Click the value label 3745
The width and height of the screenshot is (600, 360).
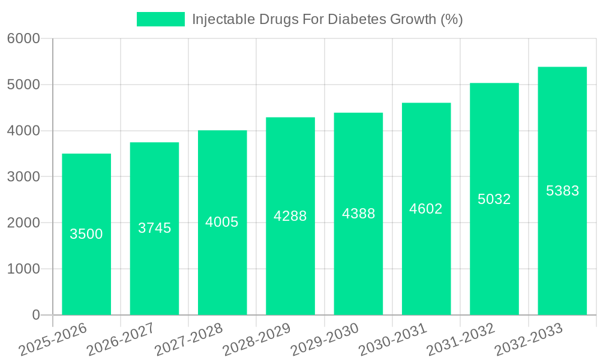point(154,228)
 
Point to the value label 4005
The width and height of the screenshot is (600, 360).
point(222,222)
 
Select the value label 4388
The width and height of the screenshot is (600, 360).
point(358,214)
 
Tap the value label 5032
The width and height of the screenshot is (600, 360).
point(494,199)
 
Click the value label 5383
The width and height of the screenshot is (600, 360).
point(562,191)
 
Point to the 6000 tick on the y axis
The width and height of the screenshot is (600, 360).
point(23,39)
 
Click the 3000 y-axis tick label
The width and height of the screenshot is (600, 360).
point(23,177)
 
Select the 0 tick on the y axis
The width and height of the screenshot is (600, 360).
point(35,315)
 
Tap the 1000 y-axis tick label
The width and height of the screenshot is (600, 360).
point(23,269)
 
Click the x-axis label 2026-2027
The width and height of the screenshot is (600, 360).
point(121,340)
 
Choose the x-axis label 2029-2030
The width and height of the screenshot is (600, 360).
point(325,340)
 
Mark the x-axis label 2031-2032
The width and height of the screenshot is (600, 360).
point(460,340)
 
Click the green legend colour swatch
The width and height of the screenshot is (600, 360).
point(161,19)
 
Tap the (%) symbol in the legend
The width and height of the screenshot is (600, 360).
point(451,19)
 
